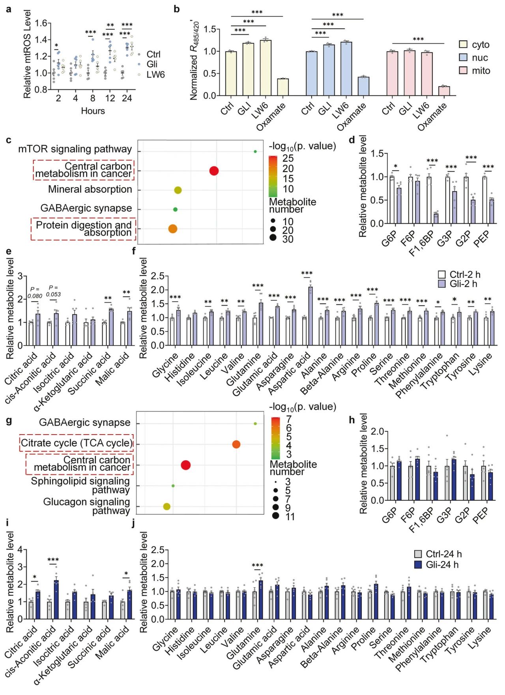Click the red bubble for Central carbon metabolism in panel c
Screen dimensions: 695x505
coord(214,171)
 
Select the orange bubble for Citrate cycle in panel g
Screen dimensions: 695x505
coord(236,444)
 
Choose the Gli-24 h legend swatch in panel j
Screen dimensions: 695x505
coord(418,565)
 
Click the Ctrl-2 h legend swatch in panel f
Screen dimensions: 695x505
coord(442,275)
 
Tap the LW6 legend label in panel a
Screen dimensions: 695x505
coord(155,74)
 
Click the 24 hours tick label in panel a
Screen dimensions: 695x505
coord(127,98)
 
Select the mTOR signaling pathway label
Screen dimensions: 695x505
coord(75,149)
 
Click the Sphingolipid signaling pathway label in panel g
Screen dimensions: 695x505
coord(81,485)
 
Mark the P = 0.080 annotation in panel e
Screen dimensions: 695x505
coord(35,293)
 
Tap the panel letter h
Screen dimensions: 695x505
coord(352,420)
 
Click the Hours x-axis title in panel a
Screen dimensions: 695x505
coord(93,111)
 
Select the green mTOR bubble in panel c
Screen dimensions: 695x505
coord(255,151)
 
